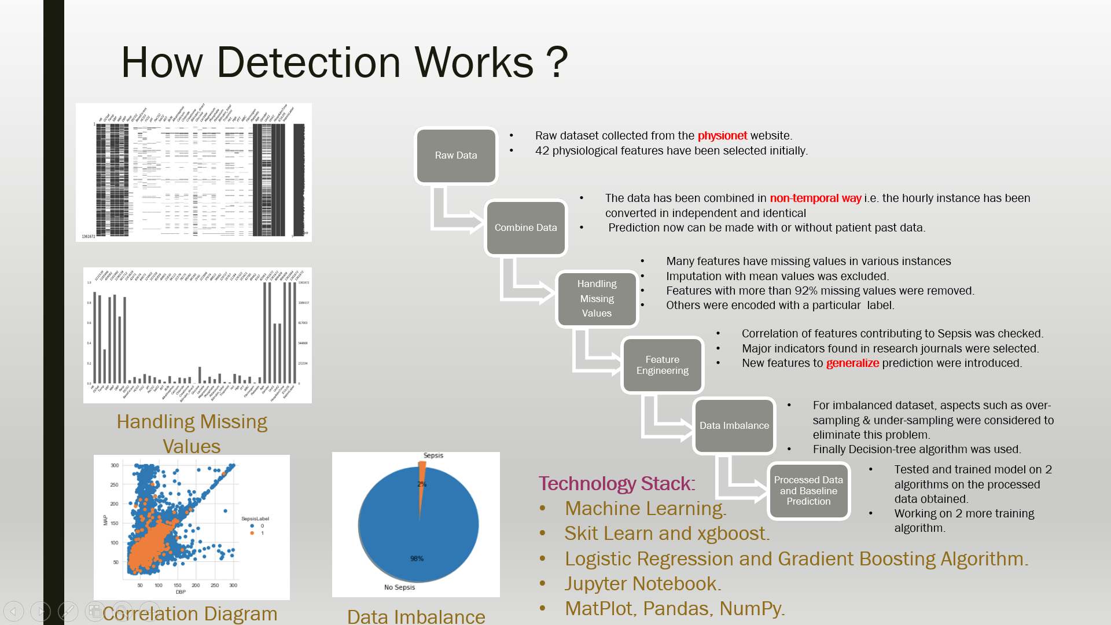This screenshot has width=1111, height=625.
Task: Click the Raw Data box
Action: click(x=456, y=156)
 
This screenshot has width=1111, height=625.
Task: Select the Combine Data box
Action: click(x=525, y=228)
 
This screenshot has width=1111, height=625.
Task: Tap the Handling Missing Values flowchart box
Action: click(x=597, y=299)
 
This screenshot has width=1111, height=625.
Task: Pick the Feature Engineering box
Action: click(x=662, y=365)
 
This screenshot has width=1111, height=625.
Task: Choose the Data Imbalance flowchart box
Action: click(x=734, y=426)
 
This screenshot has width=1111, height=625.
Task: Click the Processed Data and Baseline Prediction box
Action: click(x=808, y=491)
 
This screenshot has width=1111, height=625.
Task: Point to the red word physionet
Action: click(x=722, y=135)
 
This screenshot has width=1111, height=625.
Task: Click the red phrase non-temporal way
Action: click(x=815, y=198)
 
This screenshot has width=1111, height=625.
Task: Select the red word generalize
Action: click(x=852, y=363)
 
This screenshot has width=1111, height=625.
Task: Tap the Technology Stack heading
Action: click(x=617, y=483)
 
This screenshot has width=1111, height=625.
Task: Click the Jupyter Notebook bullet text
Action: click(x=642, y=583)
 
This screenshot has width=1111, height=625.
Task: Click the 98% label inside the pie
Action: click(x=417, y=558)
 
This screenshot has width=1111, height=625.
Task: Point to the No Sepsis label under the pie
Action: click(x=399, y=587)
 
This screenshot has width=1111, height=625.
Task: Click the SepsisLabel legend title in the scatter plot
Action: click(x=255, y=519)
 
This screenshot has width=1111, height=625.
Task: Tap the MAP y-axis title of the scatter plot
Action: click(x=105, y=520)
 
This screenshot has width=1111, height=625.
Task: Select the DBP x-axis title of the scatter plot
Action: click(x=181, y=592)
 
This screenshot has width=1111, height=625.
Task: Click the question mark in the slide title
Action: click(x=557, y=62)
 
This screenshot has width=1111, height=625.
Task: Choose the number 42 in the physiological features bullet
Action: click(x=542, y=150)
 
